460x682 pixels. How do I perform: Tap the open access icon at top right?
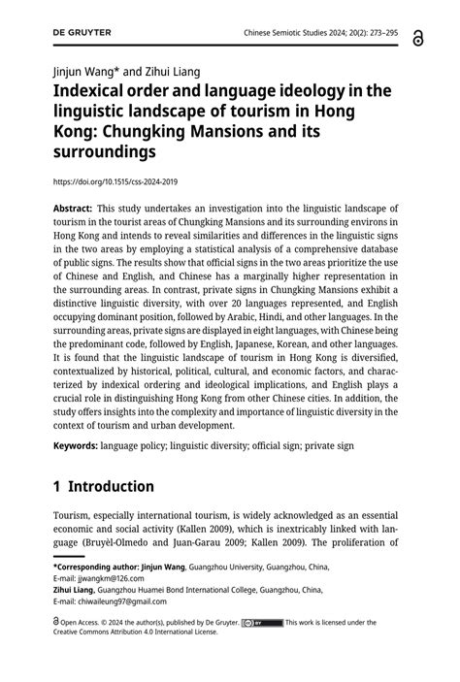click(418, 37)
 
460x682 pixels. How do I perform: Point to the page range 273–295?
click(378, 33)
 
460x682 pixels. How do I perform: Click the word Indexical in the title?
click(94, 91)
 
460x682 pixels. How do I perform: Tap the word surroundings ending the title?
click(104, 152)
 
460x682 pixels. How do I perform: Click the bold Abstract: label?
click(73, 209)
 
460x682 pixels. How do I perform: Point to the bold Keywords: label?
click(75, 446)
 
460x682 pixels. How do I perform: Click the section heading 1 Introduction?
click(104, 486)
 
